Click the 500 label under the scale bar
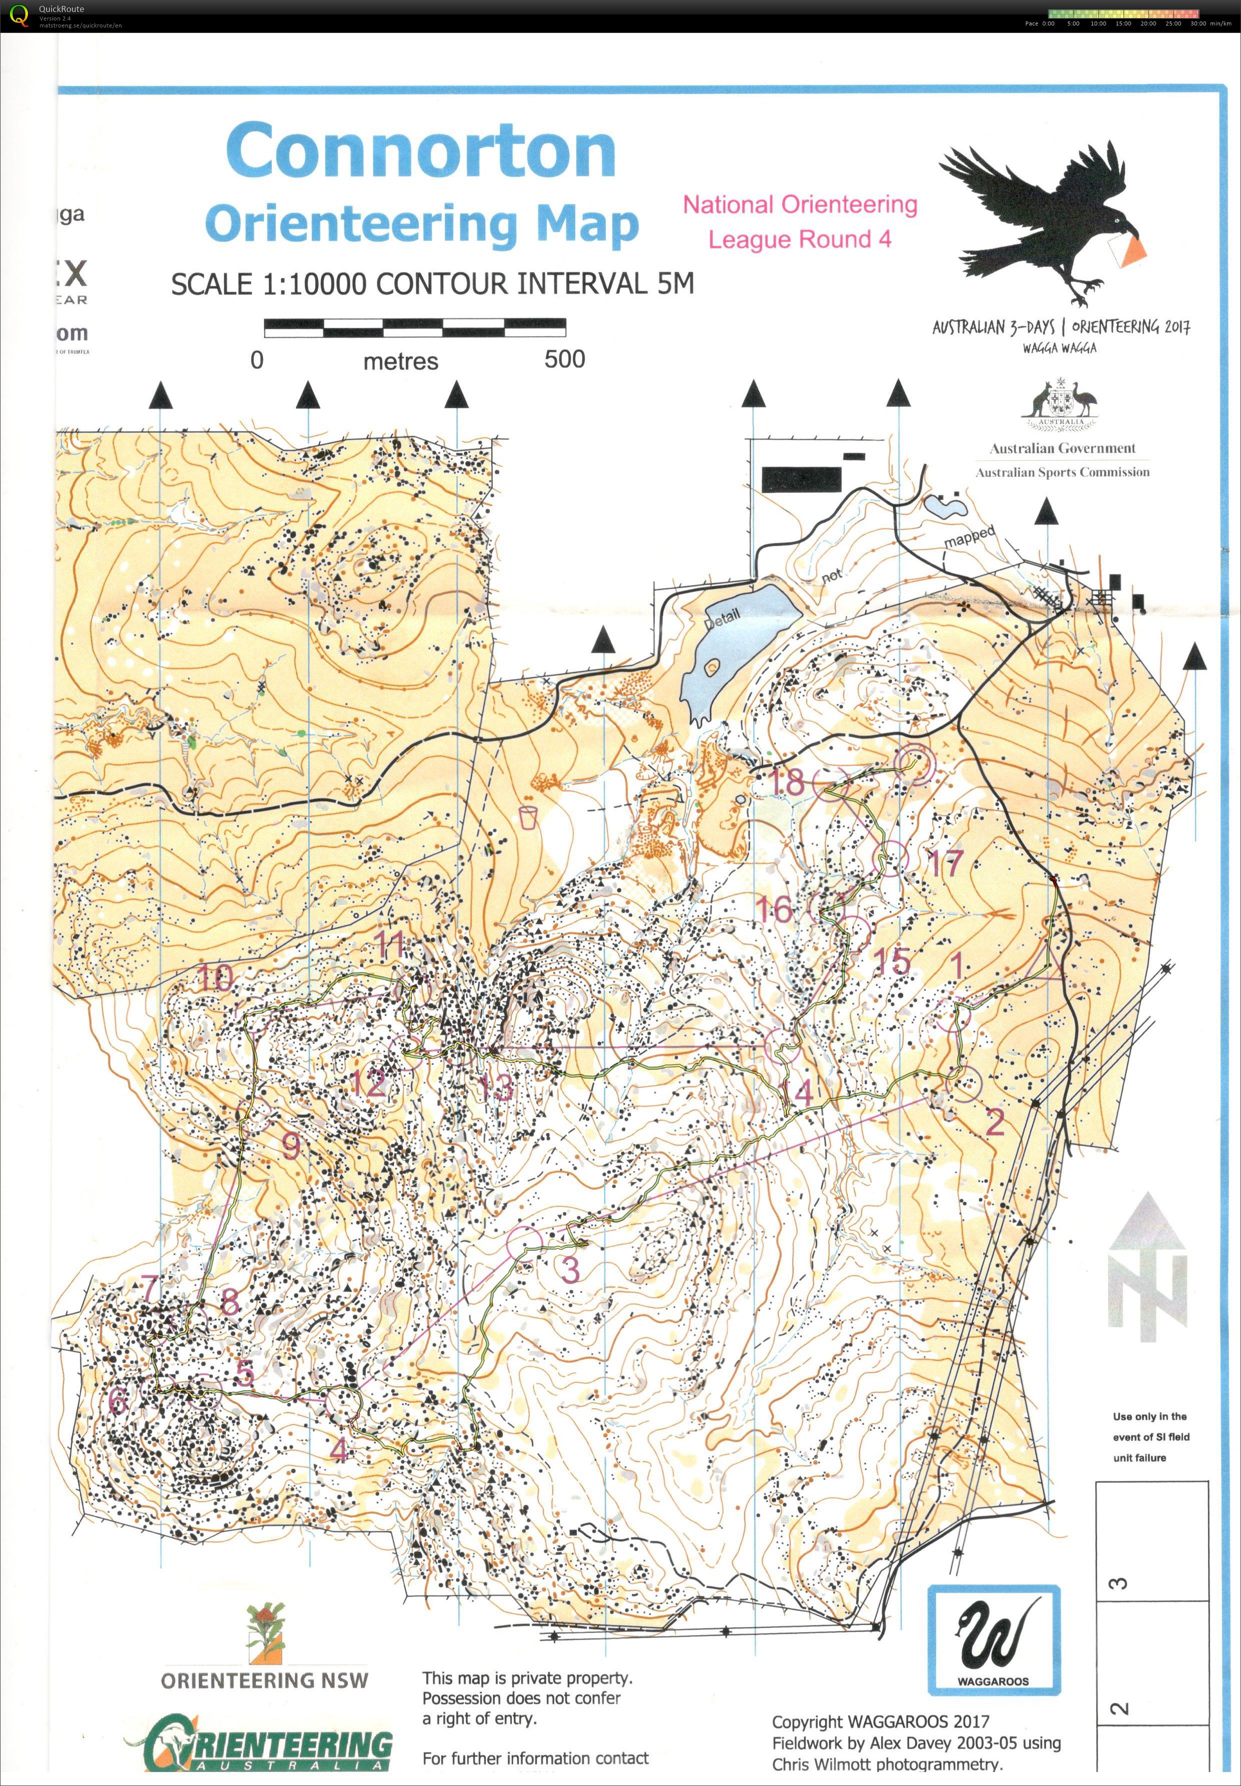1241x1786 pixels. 564,359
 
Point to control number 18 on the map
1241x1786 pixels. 786,782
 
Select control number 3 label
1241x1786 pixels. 570,1269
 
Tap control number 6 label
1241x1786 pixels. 117,1400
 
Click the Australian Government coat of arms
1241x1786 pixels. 1062,404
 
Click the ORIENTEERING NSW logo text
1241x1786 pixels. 264,1680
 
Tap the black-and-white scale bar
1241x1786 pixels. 414,327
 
